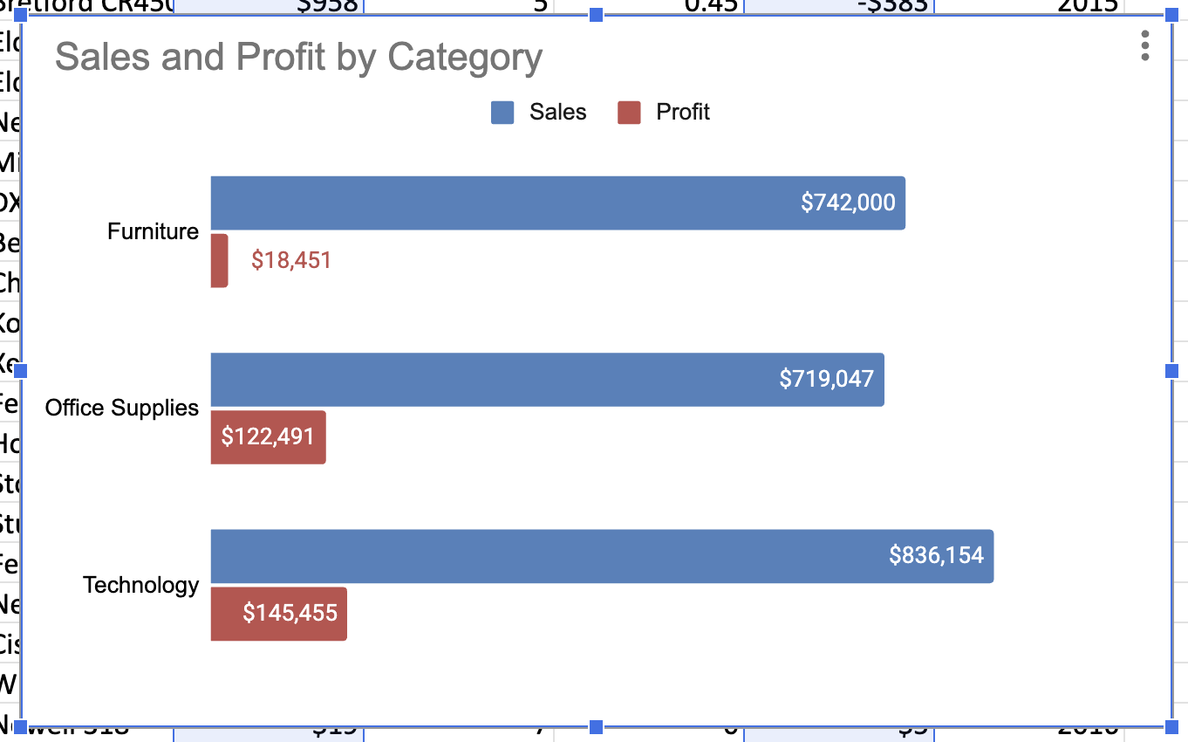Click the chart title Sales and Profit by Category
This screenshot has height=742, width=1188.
pyautogui.click(x=298, y=58)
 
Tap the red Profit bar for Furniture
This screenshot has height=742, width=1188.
pyautogui.click(x=219, y=260)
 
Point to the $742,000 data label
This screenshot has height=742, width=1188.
pyautogui.click(x=848, y=203)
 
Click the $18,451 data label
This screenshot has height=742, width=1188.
pyautogui.click(x=291, y=260)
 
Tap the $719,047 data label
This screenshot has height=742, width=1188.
pyautogui.click(x=826, y=379)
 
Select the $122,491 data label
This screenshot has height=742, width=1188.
pyautogui.click(x=268, y=436)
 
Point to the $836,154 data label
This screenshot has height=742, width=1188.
pyautogui.click(x=936, y=555)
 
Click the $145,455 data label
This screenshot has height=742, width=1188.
pyautogui.click(x=290, y=613)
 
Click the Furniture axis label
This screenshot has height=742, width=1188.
pyautogui.click(x=153, y=231)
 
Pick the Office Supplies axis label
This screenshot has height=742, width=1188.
pyautogui.click(x=122, y=408)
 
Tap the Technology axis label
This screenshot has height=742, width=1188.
pyautogui.click(x=140, y=585)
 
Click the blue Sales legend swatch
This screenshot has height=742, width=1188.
pyautogui.click(x=502, y=113)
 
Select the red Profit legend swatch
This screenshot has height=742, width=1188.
pyautogui.click(x=629, y=113)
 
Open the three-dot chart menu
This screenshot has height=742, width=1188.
pyautogui.click(x=1145, y=45)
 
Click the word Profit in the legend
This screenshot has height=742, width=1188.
pyautogui.click(x=683, y=113)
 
